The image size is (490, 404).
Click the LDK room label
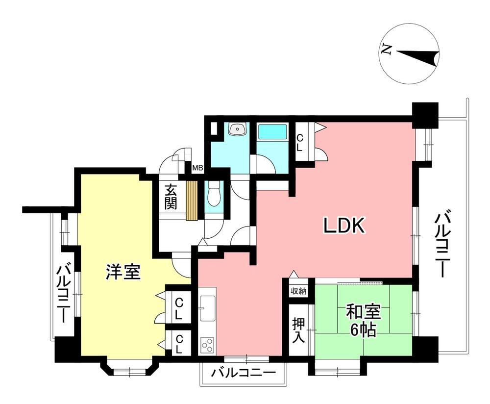344,226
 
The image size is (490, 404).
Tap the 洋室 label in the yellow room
123,272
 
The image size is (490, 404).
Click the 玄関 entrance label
171,197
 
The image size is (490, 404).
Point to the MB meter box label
197,168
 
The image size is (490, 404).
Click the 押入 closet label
298,330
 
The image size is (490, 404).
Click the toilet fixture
215,194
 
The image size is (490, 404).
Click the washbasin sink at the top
238,128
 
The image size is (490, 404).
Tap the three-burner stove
207,346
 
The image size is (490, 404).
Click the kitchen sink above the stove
207,308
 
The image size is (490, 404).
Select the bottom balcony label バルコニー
244,373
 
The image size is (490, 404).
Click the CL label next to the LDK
300,143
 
